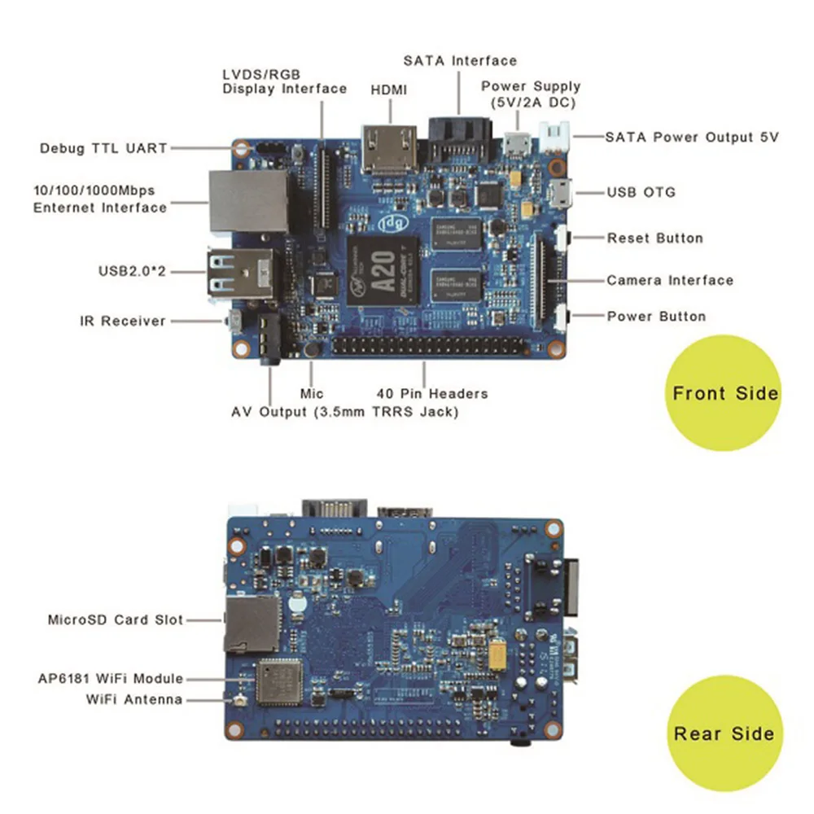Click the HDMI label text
click(x=389, y=90)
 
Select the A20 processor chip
click(x=383, y=271)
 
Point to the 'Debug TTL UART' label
click(x=104, y=148)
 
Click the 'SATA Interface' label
click(x=461, y=61)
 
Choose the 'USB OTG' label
click(x=641, y=193)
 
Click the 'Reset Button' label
click(x=655, y=239)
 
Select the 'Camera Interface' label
click(x=670, y=280)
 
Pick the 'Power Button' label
click(x=657, y=316)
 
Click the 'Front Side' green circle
click(x=724, y=393)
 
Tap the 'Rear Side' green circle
click(x=724, y=733)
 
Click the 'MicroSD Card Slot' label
click(x=116, y=619)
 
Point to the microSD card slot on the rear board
click(x=252, y=624)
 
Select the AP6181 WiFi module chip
click(x=278, y=682)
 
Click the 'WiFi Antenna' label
click(x=134, y=699)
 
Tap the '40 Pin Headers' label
click(x=432, y=394)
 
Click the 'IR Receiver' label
click(x=123, y=322)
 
